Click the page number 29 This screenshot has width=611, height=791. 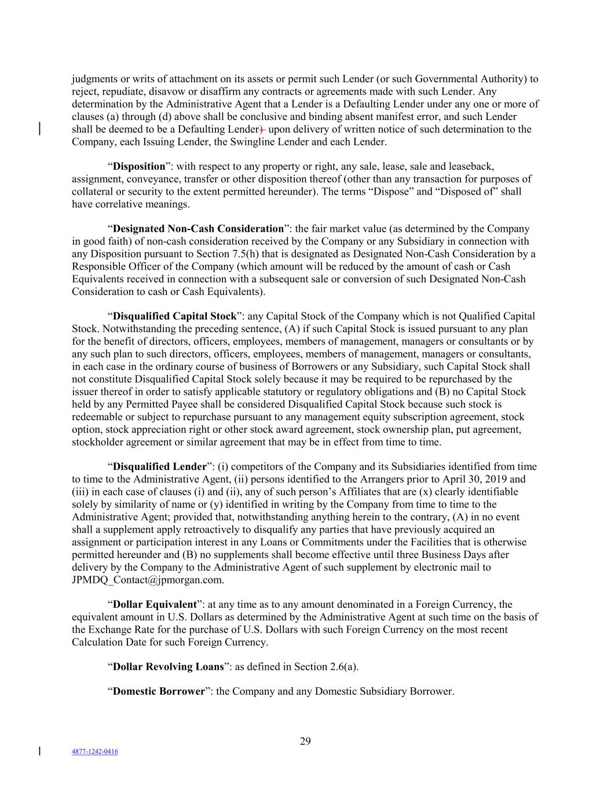[305, 741]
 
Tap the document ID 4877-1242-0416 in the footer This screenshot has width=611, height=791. [95, 752]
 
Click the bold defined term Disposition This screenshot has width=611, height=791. [139, 166]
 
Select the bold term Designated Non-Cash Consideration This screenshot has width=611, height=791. [198, 228]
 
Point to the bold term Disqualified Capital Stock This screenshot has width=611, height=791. [174, 316]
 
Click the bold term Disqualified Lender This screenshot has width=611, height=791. [159, 466]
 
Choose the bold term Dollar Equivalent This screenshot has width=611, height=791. [155, 604]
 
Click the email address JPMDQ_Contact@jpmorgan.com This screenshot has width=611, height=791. [148, 579]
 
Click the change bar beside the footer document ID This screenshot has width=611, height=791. [39, 752]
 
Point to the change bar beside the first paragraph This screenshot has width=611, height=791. [39, 129]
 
